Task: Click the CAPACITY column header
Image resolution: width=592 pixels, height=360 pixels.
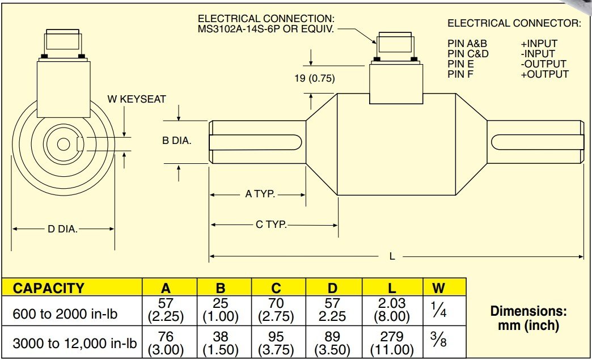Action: [49, 287]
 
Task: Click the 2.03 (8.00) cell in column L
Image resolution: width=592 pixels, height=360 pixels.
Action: [392, 311]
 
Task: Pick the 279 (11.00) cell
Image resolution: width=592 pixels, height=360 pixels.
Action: [392, 343]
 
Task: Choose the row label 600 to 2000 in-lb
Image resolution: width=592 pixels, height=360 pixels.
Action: [65, 312]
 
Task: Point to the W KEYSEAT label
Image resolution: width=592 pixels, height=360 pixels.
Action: [137, 99]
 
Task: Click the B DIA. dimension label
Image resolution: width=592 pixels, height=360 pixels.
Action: [176, 141]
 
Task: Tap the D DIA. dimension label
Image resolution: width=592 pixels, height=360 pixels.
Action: [62, 230]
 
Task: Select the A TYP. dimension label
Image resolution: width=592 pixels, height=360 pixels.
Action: [260, 194]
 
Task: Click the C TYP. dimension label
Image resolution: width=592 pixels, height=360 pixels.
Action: [271, 225]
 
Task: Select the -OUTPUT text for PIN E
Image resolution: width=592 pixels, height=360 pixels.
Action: [543, 64]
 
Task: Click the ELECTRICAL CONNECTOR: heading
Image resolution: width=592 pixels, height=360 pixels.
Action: [514, 23]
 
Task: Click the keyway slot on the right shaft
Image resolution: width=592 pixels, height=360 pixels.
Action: [536, 142]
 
